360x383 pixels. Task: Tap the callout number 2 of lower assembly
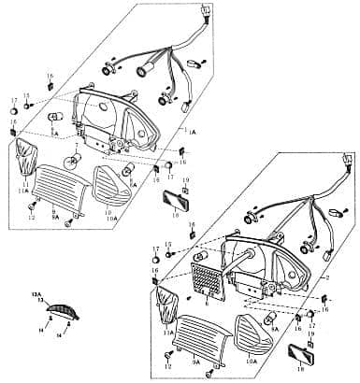[x=327, y=277]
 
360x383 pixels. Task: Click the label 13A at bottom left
[x=37, y=293]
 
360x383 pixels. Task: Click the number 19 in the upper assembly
[x=185, y=179]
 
